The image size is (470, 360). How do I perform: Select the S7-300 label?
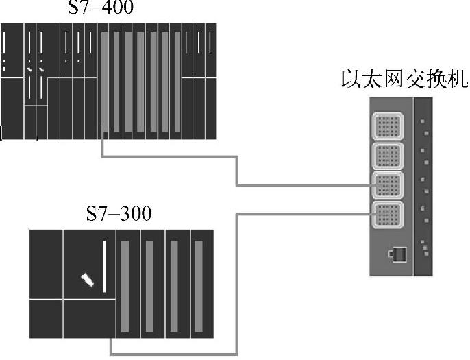[119, 213]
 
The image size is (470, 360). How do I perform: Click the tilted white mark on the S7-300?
[87, 280]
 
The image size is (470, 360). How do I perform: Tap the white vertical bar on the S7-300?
[105, 266]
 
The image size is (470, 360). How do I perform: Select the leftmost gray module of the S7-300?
[125, 285]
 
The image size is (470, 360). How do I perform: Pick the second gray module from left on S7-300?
[150, 285]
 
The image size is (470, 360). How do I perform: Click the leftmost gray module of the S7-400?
[105, 82]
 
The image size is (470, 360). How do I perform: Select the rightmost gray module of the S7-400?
[177, 82]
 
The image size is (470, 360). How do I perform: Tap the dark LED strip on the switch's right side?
[423, 185]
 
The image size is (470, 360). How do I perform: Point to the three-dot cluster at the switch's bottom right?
[425, 248]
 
